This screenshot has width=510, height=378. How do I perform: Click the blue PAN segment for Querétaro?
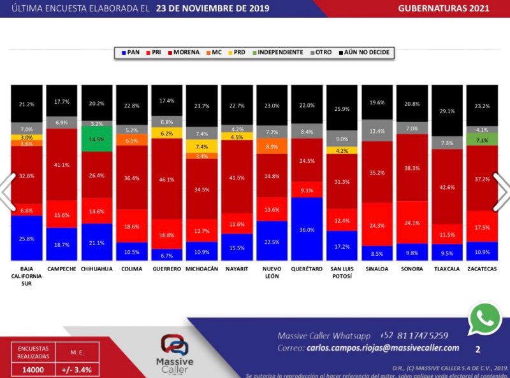coord(307,228)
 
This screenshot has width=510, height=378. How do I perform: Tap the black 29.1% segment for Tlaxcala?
coord(447,111)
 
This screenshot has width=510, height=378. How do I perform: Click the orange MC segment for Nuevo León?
coord(272,146)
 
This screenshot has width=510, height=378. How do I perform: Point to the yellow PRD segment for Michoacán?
coord(201,146)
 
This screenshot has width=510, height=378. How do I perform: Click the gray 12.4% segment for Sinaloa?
coord(377,130)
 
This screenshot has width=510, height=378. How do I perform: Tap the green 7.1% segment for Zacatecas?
coord(482,139)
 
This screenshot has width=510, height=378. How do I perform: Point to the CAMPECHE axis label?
coord(61,269)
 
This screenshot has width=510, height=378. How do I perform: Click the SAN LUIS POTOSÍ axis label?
coord(342,273)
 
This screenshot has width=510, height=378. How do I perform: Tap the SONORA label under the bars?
coord(412,269)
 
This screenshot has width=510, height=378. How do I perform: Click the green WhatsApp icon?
coord(485,319)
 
